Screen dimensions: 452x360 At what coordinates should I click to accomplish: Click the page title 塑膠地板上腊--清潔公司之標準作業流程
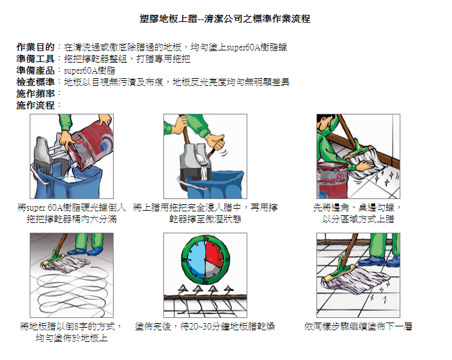point(225,19)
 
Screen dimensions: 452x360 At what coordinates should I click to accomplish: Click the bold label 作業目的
point(36,47)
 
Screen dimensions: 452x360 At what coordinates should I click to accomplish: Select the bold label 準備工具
point(36,59)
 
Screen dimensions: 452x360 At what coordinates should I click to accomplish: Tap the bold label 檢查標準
point(36,82)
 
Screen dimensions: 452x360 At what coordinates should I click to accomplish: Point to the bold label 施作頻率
point(36,94)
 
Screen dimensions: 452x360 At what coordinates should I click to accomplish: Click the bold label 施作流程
point(36,105)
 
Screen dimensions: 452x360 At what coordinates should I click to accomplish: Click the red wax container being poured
point(92,147)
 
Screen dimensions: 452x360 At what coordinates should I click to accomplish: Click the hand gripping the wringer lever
point(216,142)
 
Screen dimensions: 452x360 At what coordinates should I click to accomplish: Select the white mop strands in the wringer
point(204,167)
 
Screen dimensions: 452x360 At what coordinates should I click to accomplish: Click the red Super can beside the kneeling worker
point(332,180)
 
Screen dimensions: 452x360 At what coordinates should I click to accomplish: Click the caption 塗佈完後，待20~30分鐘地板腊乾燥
point(205,326)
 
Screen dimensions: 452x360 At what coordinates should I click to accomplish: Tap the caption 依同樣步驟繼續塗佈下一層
point(358,326)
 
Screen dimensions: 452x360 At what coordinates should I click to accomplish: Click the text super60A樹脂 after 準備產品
point(89,70)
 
